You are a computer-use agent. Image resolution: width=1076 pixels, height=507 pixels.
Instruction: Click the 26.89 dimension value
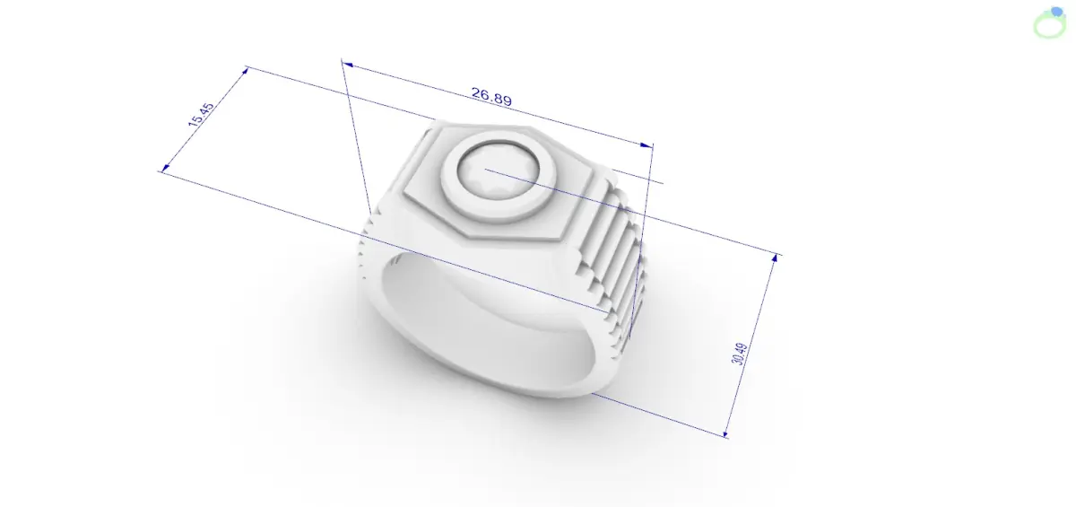tap(491, 96)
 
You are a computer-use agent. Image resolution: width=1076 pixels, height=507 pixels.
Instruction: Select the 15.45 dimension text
tap(201, 115)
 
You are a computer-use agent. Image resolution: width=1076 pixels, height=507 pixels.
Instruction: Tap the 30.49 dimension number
tap(740, 354)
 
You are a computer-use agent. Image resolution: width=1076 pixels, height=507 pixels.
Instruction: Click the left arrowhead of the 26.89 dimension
tap(347, 65)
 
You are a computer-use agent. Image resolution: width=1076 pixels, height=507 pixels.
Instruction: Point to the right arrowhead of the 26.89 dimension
tap(646, 144)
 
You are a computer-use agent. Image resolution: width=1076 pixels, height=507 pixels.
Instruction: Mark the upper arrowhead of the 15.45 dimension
tap(245, 71)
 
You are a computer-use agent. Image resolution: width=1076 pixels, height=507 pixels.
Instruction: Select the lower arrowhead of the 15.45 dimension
tap(165, 168)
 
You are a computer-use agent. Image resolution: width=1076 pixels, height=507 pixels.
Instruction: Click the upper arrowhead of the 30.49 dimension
tap(775, 258)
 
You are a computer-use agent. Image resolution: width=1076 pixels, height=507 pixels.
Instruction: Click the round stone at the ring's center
tap(498, 170)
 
